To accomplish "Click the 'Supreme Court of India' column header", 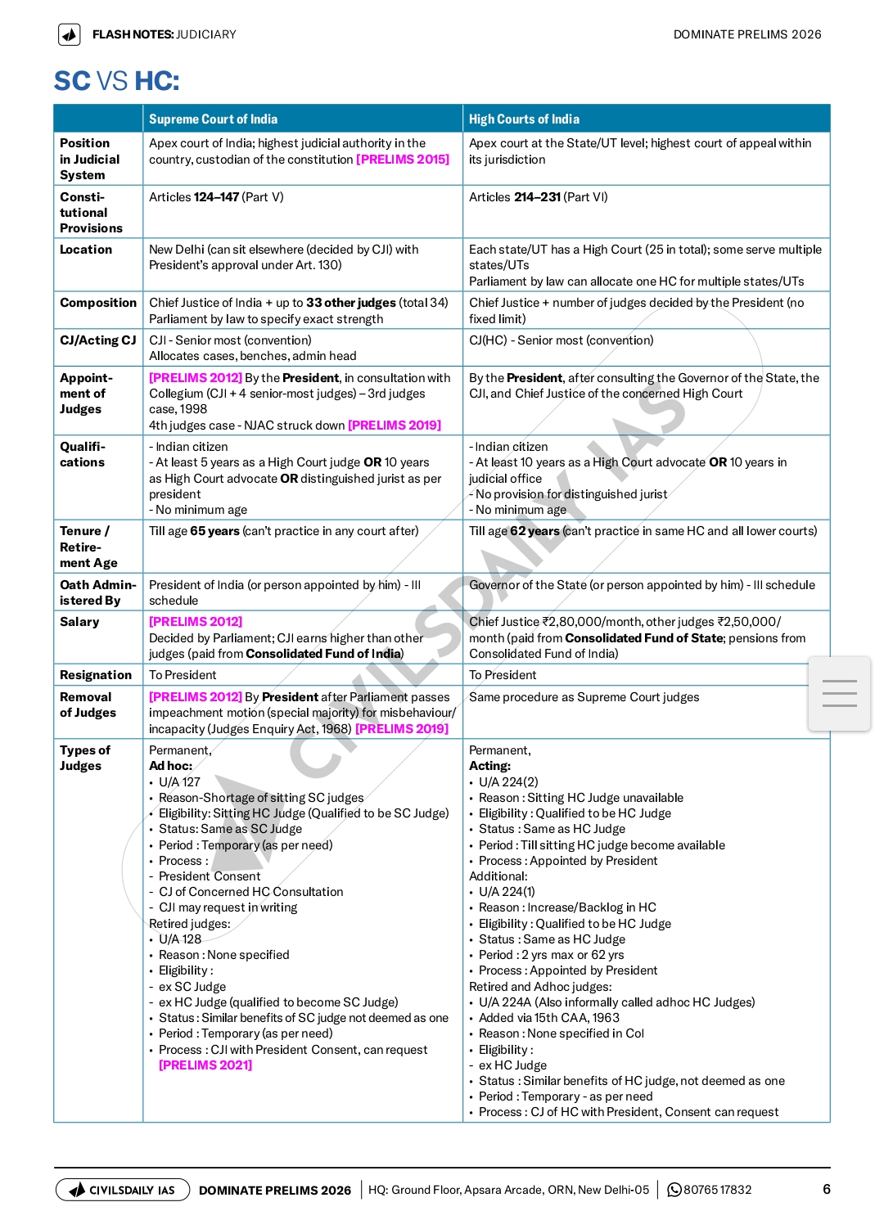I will pos(213,119).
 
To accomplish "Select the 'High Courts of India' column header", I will pos(524,119).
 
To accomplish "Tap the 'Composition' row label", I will pos(98,303).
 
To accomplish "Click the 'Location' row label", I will pos(86,250).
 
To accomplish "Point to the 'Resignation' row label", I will pos(96,675).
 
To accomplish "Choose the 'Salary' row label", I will pos(79,622).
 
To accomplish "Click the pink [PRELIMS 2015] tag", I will pos(403,160).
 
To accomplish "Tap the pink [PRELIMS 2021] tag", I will pos(205,1065).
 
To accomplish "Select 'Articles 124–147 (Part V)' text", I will pos(216,197).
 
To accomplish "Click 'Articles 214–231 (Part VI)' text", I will pos(538,197).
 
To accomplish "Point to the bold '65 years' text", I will pos(214,531).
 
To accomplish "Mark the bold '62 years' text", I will pos(534,531).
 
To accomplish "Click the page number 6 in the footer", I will pos(827,1189).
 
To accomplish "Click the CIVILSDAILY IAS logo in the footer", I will pos(123,1190).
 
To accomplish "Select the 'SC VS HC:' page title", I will pos(116,81).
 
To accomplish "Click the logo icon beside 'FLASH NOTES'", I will pos(70,34).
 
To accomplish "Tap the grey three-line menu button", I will pos(839,693).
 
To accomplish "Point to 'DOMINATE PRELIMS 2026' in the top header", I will pos(747,34).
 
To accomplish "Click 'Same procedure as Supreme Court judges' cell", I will pos(584,697).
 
